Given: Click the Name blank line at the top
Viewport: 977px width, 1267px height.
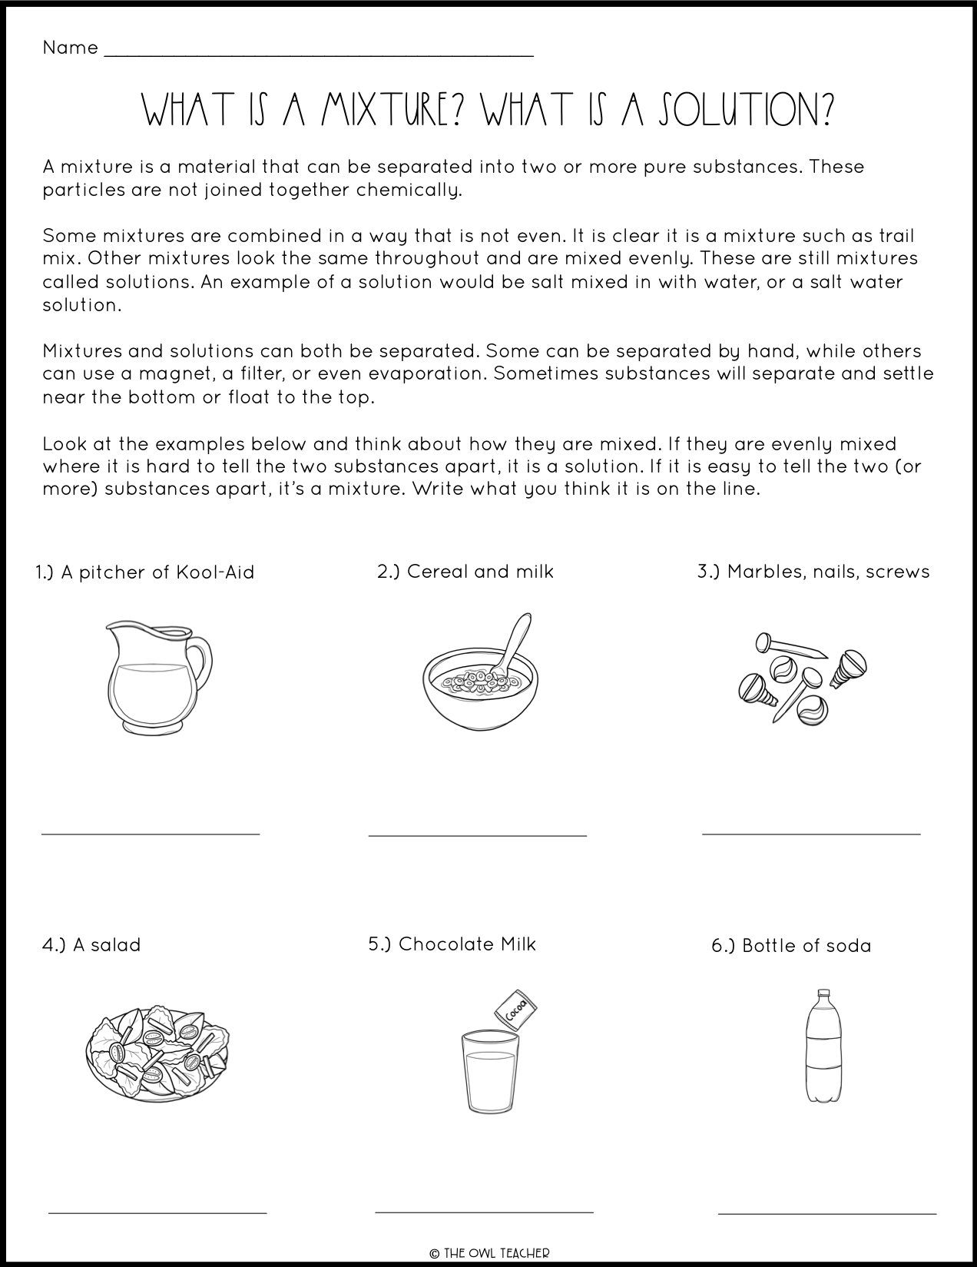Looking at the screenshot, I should coord(318,54).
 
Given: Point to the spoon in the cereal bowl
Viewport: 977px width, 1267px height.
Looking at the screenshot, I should coord(515,641).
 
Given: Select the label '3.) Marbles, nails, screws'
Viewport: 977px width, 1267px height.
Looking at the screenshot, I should coord(813,572).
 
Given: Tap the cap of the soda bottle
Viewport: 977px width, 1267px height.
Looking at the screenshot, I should coord(824,993).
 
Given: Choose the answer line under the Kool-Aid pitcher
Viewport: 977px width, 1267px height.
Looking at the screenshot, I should coord(151,833).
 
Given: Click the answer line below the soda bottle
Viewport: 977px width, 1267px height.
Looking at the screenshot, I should coord(826,1213).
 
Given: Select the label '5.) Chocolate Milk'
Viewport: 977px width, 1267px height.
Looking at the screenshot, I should coord(452,944).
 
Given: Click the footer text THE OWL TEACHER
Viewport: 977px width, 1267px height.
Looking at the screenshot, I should coord(488,1252).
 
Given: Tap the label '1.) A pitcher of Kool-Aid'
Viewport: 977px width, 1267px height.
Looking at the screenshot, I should coord(144,572).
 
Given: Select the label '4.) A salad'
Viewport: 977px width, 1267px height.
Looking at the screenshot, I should coord(91,945).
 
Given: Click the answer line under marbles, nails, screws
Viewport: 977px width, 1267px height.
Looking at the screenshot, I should coord(811,833).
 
